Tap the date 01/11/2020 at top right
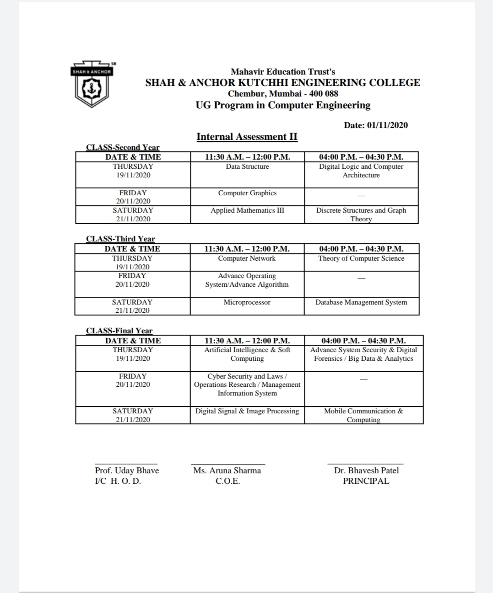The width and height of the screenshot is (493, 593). (x=376, y=125)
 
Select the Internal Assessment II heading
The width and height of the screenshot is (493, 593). (x=247, y=137)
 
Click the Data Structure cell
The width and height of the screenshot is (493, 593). (x=247, y=167)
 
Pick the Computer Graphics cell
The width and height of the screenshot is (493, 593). (x=247, y=193)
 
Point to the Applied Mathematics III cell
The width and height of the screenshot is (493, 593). (x=247, y=211)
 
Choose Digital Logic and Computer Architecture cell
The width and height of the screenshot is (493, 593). (x=361, y=171)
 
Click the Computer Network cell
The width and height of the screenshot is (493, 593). (x=247, y=259)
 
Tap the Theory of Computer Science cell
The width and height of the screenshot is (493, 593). (x=361, y=259)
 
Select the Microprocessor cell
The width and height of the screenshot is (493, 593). (x=247, y=303)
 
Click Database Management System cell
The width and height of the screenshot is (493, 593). (x=361, y=303)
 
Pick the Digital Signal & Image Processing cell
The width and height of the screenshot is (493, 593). (x=247, y=411)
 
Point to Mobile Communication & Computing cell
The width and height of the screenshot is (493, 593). (x=363, y=415)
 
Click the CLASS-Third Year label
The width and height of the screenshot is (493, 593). (x=120, y=239)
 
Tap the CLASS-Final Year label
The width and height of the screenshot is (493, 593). (x=119, y=331)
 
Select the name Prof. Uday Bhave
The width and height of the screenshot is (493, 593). (x=127, y=470)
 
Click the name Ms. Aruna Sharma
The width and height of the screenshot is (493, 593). (x=227, y=470)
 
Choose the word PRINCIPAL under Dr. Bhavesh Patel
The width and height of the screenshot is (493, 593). (x=366, y=481)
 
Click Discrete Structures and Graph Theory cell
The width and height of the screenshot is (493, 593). (x=361, y=214)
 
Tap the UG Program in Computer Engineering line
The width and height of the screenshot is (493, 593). (x=283, y=105)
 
